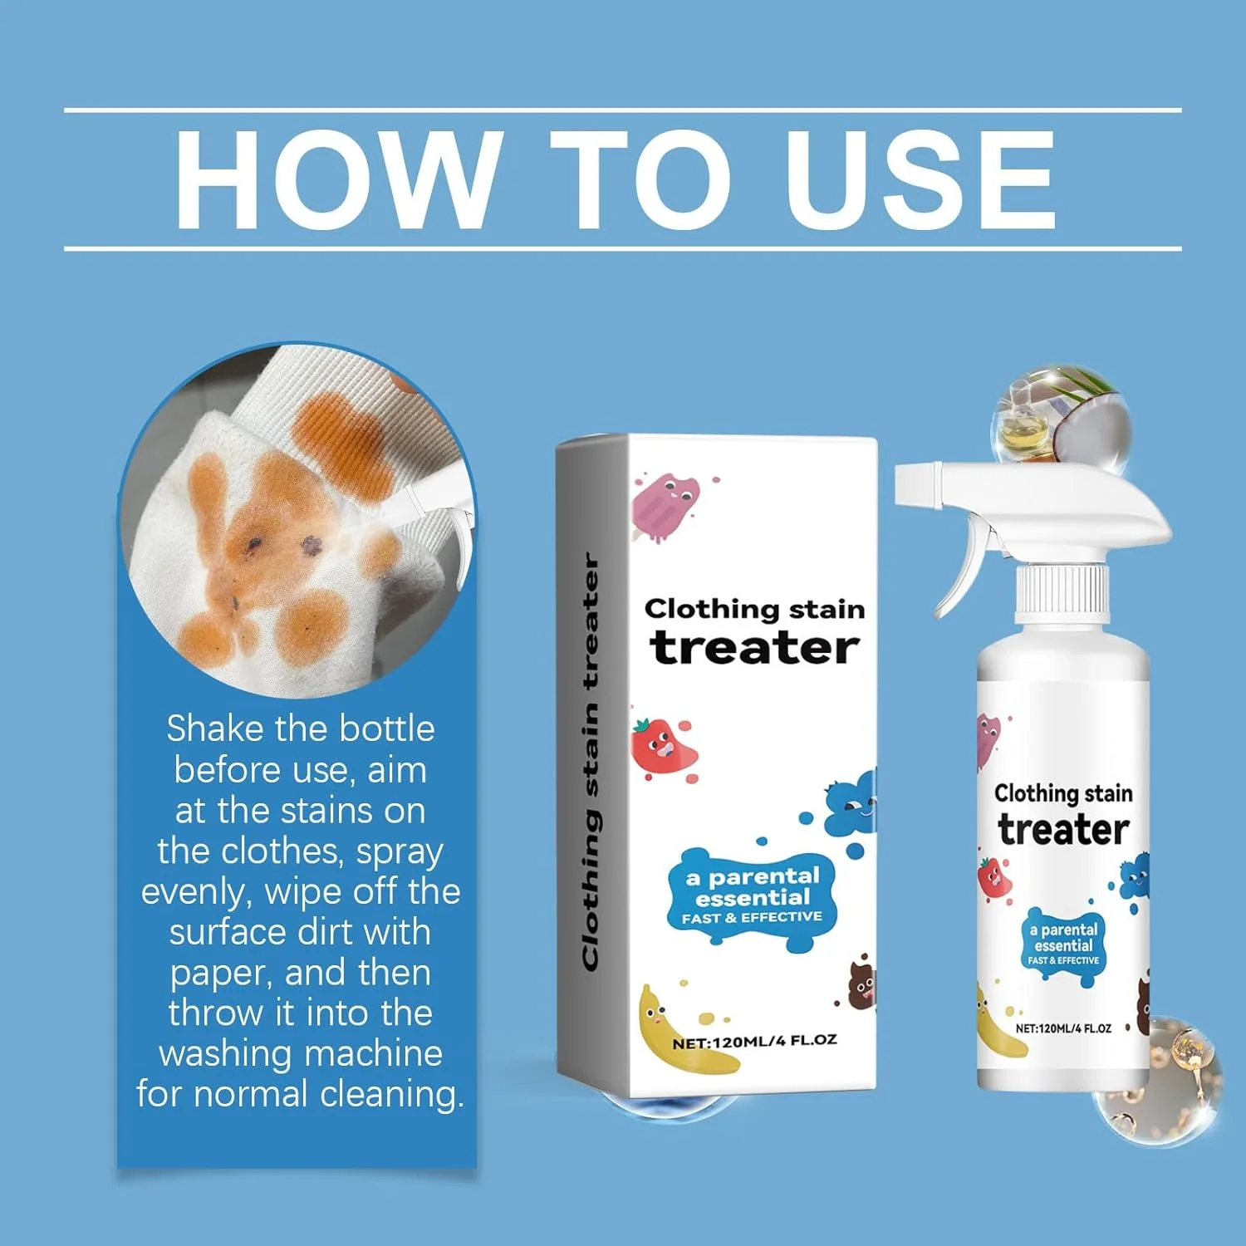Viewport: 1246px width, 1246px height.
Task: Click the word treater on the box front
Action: click(754, 648)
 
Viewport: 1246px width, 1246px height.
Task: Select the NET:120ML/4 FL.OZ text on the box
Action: click(754, 1041)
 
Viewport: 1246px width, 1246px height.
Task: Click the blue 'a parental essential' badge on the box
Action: click(752, 898)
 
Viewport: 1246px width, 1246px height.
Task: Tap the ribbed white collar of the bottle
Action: click(1063, 592)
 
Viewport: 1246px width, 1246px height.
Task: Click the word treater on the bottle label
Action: click(1063, 829)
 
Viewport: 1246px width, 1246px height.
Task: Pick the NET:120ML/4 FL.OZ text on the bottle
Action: click(1063, 1028)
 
